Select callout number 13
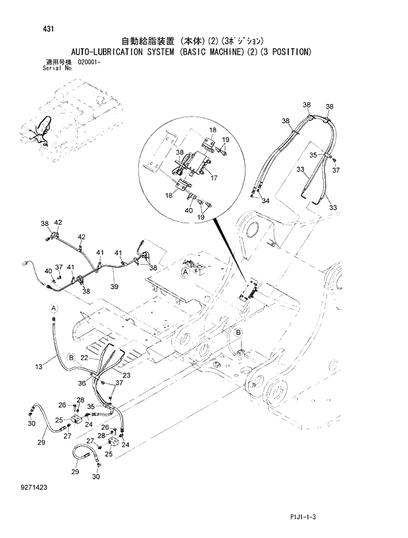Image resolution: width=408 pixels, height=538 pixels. [39, 365]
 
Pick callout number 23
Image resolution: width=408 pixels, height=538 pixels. [126, 375]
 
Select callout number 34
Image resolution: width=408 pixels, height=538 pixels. [265, 200]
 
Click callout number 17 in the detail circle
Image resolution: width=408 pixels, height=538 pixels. [214, 177]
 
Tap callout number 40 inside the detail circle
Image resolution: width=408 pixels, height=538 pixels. [189, 210]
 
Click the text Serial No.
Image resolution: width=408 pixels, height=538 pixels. [56, 67]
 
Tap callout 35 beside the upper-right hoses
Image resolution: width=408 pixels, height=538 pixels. [314, 155]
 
